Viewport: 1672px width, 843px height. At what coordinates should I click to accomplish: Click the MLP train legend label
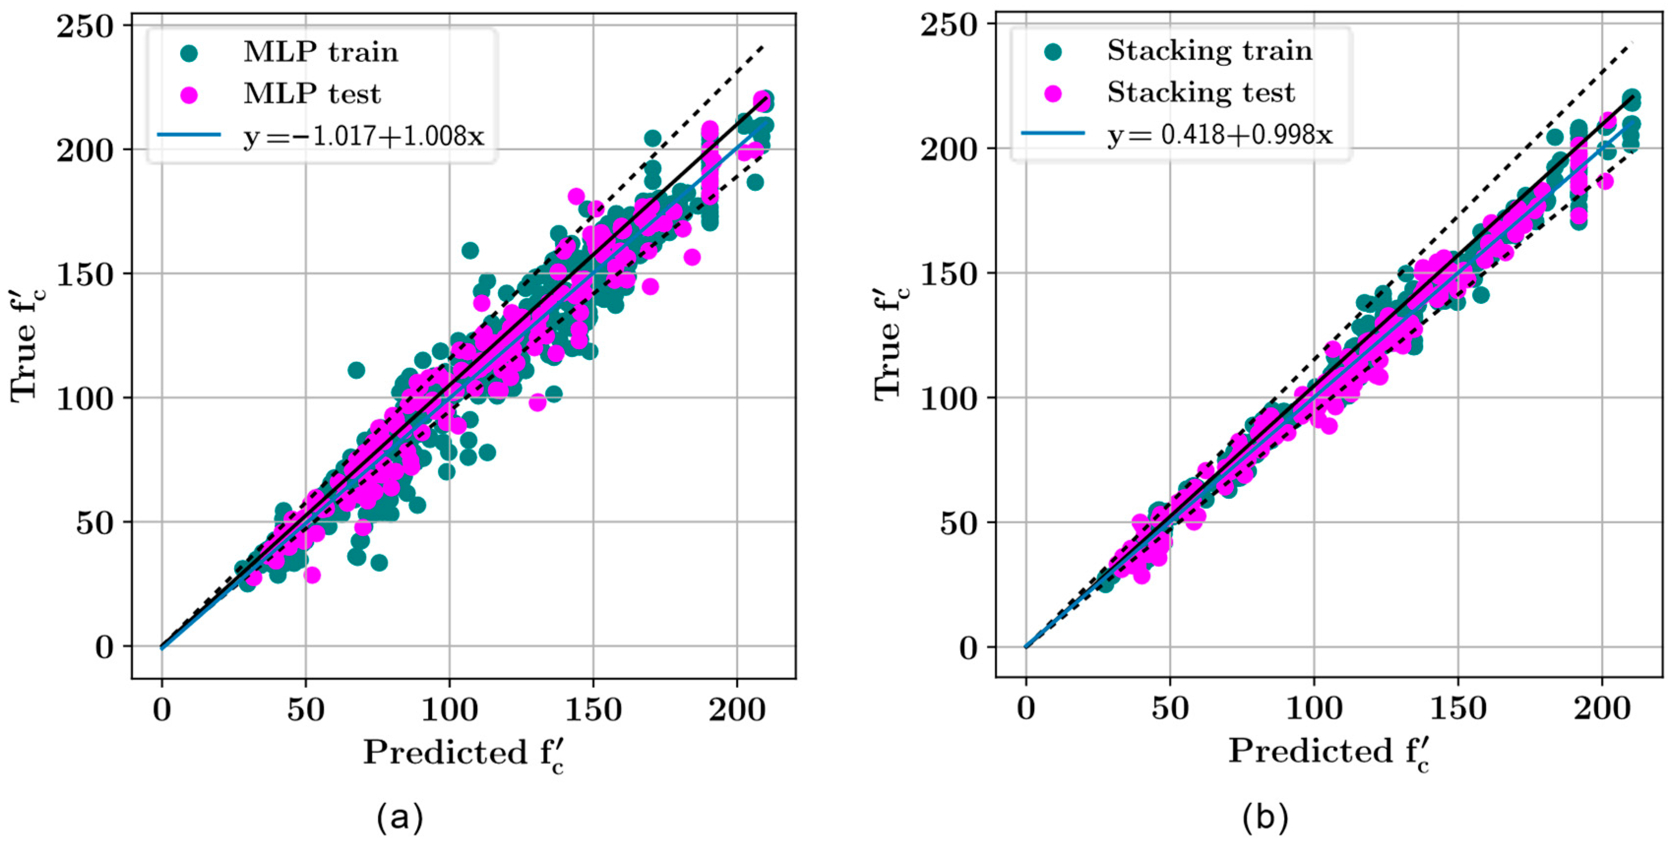pyautogui.click(x=321, y=52)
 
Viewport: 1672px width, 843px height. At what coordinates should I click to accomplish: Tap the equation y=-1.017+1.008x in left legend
pyautogui.click(x=364, y=136)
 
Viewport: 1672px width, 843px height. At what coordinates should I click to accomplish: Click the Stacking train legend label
pyautogui.click(x=1209, y=51)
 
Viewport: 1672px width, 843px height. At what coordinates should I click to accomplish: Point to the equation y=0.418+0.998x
pyautogui.click(x=1219, y=134)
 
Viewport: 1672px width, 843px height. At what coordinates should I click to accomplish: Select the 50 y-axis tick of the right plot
pyautogui.click(x=959, y=522)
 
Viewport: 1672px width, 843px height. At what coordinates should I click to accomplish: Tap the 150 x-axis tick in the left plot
pyautogui.click(x=593, y=710)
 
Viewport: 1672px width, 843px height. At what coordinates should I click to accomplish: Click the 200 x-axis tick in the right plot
pyautogui.click(x=1601, y=709)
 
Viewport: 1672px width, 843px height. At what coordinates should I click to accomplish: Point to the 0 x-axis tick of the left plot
pyautogui.click(x=162, y=710)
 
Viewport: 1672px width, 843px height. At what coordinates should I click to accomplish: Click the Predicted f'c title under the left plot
pyautogui.click(x=463, y=753)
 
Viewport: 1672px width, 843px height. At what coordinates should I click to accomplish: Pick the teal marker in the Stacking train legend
pyautogui.click(x=1053, y=51)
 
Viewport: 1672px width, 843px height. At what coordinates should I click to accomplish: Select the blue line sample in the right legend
pyautogui.click(x=1053, y=134)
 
